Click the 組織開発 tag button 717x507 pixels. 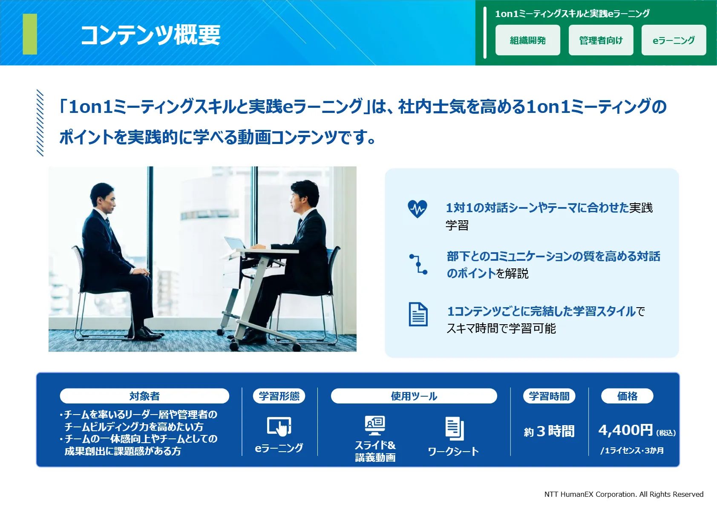pyautogui.click(x=527, y=40)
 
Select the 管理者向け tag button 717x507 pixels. pyautogui.click(x=601, y=40)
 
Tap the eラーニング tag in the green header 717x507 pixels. pyautogui.click(x=674, y=40)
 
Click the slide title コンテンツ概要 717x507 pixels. pyautogui.click(x=150, y=35)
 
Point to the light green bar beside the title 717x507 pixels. pyautogui.click(x=30, y=34)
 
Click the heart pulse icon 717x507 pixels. pyautogui.click(x=418, y=209)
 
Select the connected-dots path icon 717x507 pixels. pyautogui.click(x=418, y=265)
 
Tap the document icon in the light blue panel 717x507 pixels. pyautogui.click(x=418, y=314)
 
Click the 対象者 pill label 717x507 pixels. pyautogui.click(x=144, y=396)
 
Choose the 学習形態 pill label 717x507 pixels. pyautogui.click(x=279, y=396)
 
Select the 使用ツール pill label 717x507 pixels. pyautogui.click(x=414, y=396)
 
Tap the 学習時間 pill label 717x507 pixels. pyautogui.click(x=549, y=396)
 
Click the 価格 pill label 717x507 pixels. pyautogui.click(x=627, y=396)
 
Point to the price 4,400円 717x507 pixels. pyautogui.click(x=625, y=430)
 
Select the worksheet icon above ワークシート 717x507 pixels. pyautogui.click(x=455, y=428)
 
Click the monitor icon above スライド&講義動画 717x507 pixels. pyautogui.click(x=375, y=426)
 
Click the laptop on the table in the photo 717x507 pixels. pyautogui.click(x=235, y=243)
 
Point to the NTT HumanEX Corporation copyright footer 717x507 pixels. pyautogui.click(x=624, y=494)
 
